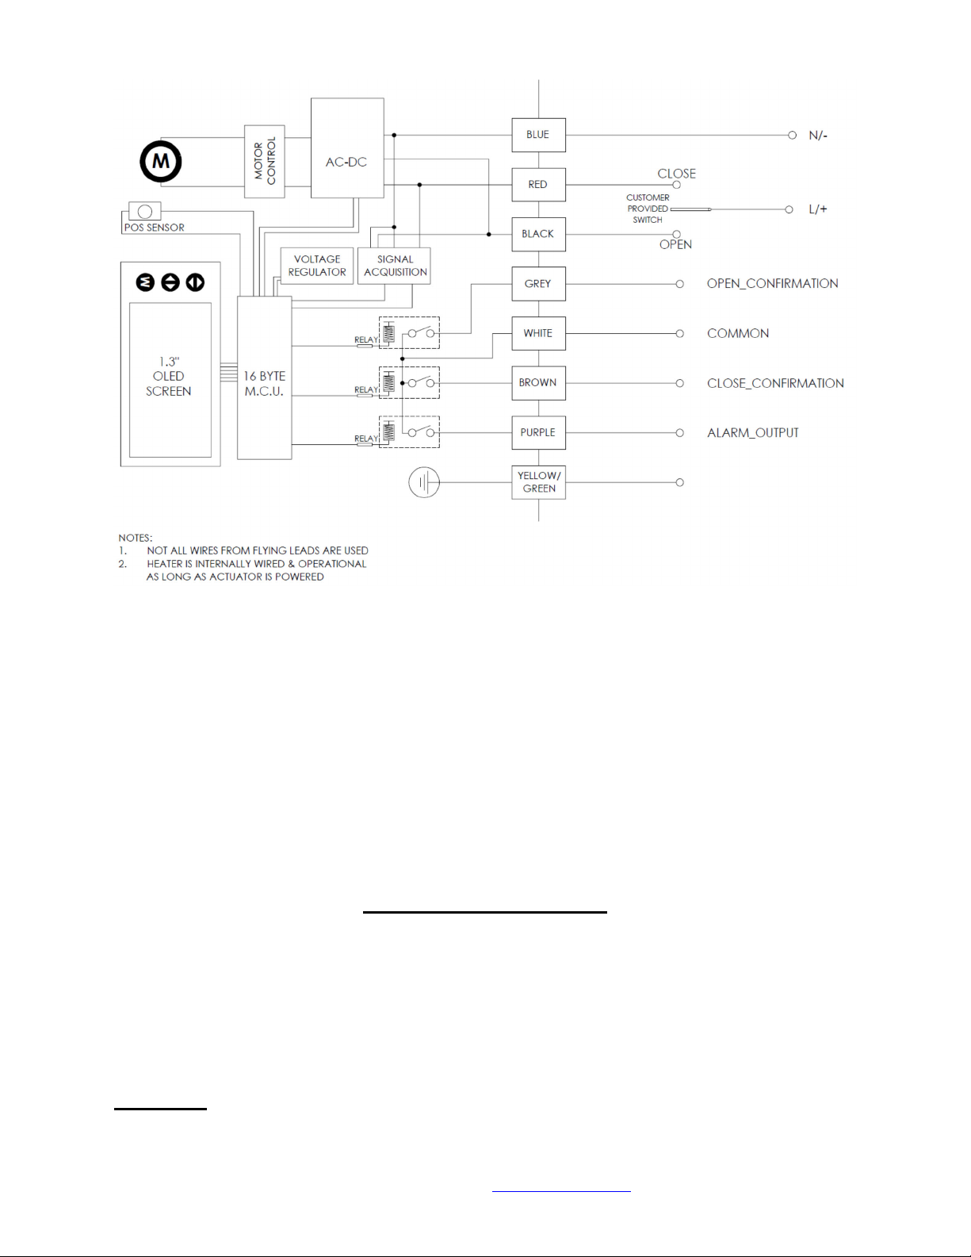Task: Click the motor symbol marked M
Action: coord(161,161)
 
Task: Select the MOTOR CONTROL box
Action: coord(264,161)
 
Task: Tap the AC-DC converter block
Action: coord(346,162)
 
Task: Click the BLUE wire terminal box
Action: coord(538,135)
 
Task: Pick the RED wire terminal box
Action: coord(538,185)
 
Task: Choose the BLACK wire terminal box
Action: coord(538,234)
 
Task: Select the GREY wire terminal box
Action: coord(538,284)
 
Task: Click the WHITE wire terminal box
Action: coord(538,333)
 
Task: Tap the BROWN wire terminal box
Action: coord(538,382)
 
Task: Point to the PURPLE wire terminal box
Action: coord(538,432)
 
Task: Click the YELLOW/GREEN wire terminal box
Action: coord(539,482)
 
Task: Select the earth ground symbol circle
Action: coord(424,482)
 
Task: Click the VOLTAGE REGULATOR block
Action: coord(317,266)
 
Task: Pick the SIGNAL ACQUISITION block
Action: coord(395,266)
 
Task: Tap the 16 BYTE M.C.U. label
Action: coord(264,384)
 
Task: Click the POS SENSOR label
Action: coord(154,228)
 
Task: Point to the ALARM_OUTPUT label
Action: coord(752,433)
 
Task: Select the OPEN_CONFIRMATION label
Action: coord(772,284)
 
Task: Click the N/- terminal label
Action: coord(817,136)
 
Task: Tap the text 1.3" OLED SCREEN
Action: coord(169,377)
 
